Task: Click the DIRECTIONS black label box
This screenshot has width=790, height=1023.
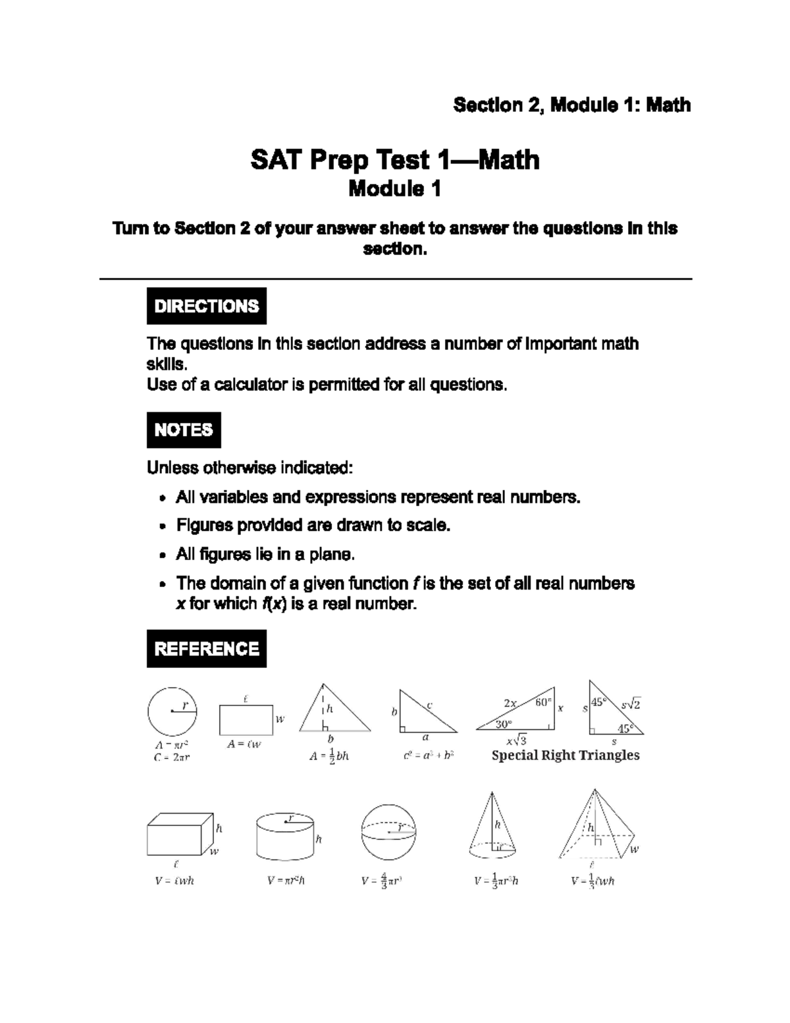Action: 206,306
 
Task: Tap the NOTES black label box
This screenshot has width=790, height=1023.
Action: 184,430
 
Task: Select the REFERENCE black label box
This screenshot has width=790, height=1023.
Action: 206,649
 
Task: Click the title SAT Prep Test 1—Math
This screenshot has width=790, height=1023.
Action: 395,160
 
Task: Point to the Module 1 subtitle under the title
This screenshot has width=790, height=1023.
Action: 394,189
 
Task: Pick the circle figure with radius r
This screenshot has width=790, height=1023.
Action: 172,711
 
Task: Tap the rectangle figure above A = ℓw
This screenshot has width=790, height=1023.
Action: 246,719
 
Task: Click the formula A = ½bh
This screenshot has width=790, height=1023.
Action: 329,756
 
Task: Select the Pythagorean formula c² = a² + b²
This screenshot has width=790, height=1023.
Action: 429,756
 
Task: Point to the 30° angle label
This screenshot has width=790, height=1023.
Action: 504,724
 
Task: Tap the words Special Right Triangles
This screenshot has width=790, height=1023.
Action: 566,756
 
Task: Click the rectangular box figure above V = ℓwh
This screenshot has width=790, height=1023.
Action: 180,835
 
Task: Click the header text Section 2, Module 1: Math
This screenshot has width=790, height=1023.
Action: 571,105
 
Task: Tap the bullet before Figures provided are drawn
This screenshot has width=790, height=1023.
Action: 163,526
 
